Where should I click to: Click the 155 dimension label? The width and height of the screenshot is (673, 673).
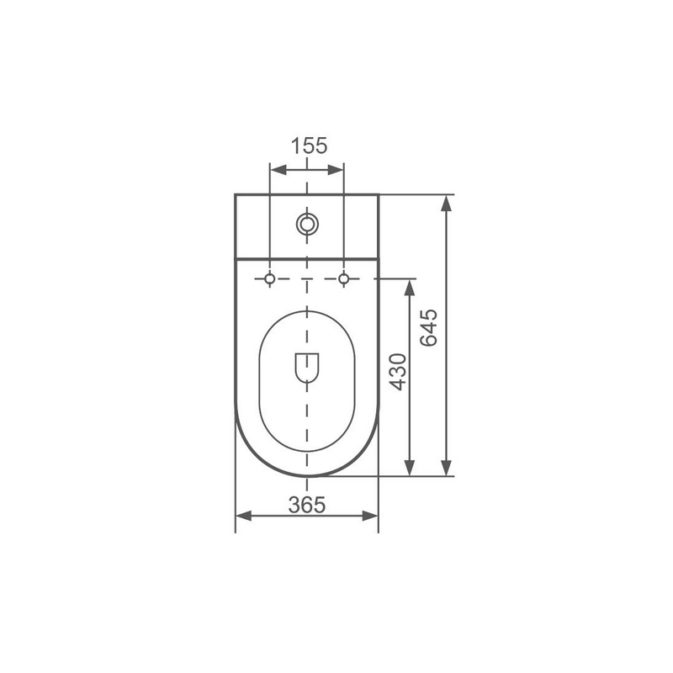point(309,146)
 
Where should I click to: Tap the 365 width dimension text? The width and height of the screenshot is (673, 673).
point(307,505)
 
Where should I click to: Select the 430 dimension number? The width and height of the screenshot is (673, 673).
point(398,372)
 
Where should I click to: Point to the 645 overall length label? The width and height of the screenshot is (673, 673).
point(429,327)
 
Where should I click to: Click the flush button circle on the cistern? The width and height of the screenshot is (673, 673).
point(307,224)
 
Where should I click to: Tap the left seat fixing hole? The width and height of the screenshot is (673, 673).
point(269,279)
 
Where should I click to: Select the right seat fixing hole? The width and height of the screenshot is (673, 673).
point(343,279)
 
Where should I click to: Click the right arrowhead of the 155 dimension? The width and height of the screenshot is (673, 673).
point(335,170)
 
